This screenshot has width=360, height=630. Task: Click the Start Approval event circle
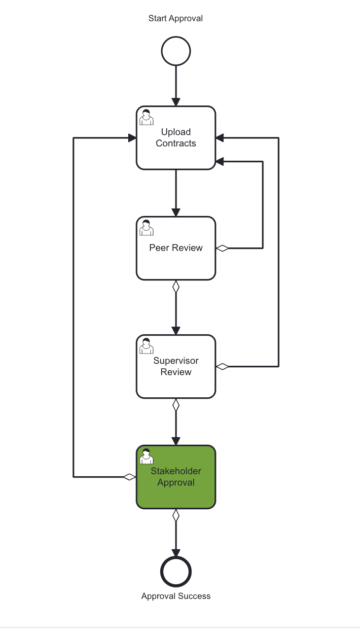coord(176,51)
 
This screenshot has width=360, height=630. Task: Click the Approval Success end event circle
coord(176,572)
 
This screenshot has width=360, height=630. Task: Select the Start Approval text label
coord(176,18)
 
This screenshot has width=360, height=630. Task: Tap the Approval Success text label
coord(176,596)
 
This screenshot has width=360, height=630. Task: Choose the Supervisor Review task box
coord(176,380)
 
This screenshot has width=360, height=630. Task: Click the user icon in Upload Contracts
coord(146,117)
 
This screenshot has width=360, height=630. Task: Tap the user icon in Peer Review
coord(146,228)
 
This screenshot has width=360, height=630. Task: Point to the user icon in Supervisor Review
coord(146,346)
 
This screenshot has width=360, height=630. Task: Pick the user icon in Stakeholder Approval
coord(146,456)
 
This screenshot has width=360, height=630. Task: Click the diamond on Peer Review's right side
coord(222,248)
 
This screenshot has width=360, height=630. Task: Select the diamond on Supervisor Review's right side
coord(222,366)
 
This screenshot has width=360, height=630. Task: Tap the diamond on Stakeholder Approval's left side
coord(129,477)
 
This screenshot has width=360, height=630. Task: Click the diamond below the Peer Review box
coord(176,286)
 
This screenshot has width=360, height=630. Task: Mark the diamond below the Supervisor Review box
coord(176,405)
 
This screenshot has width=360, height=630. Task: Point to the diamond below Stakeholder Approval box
coord(176,515)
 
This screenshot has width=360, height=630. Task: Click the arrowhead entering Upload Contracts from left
coord(132,138)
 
